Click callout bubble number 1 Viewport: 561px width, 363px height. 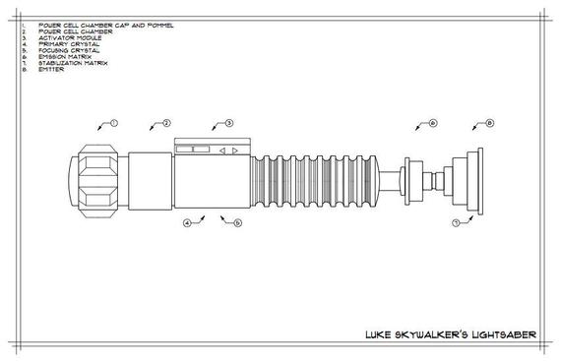pyautogui.click(x=114, y=124)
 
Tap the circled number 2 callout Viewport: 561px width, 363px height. pyautogui.click(x=166, y=124)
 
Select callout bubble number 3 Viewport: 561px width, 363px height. pyautogui.click(x=228, y=124)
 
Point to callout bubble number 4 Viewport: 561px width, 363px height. pyautogui.click(x=186, y=223)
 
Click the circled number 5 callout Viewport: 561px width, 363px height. pyautogui.click(x=236, y=223)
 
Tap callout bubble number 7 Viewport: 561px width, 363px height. pyautogui.click(x=456, y=224)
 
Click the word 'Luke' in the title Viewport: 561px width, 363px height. pyautogui.click(x=378, y=334)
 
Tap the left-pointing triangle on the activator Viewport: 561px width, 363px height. pyautogui.click(x=222, y=151)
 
